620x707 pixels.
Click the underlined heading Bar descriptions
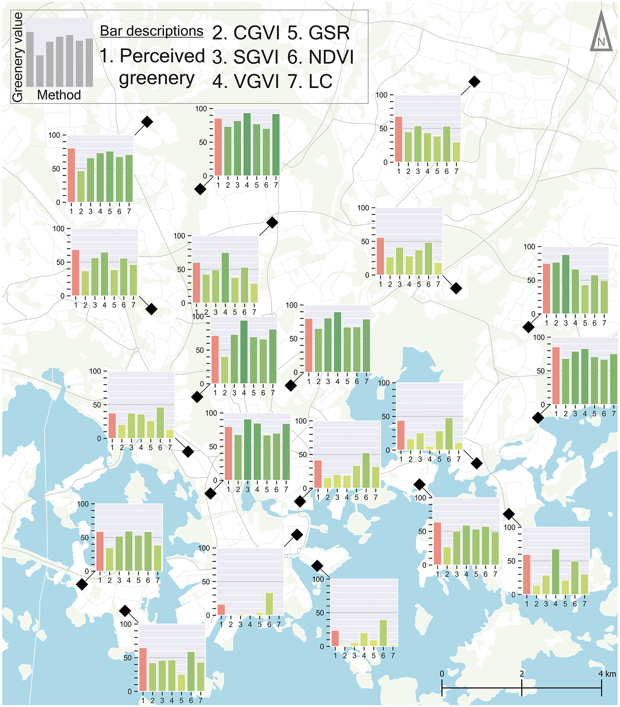tap(152, 31)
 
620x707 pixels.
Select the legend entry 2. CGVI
tap(246, 33)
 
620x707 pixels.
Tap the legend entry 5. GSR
tap(318, 33)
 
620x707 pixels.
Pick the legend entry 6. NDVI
tap(320, 57)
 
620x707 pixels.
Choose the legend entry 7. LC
tap(310, 81)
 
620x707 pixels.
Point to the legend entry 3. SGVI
tap(246, 57)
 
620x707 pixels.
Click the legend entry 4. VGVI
tap(246, 81)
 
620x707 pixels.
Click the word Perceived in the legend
tap(162, 56)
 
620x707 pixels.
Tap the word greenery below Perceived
tap(157, 79)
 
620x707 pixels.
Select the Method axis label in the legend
tap(59, 95)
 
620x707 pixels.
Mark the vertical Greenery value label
tap(17, 57)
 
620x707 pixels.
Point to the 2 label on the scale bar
tap(522, 674)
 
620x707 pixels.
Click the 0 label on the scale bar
tap(442, 674)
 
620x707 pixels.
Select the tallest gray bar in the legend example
tap(30, 59)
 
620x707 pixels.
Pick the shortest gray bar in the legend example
tap(40, 71)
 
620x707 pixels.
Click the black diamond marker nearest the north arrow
tap(474, 82)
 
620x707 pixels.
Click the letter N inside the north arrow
tap(601, 42)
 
